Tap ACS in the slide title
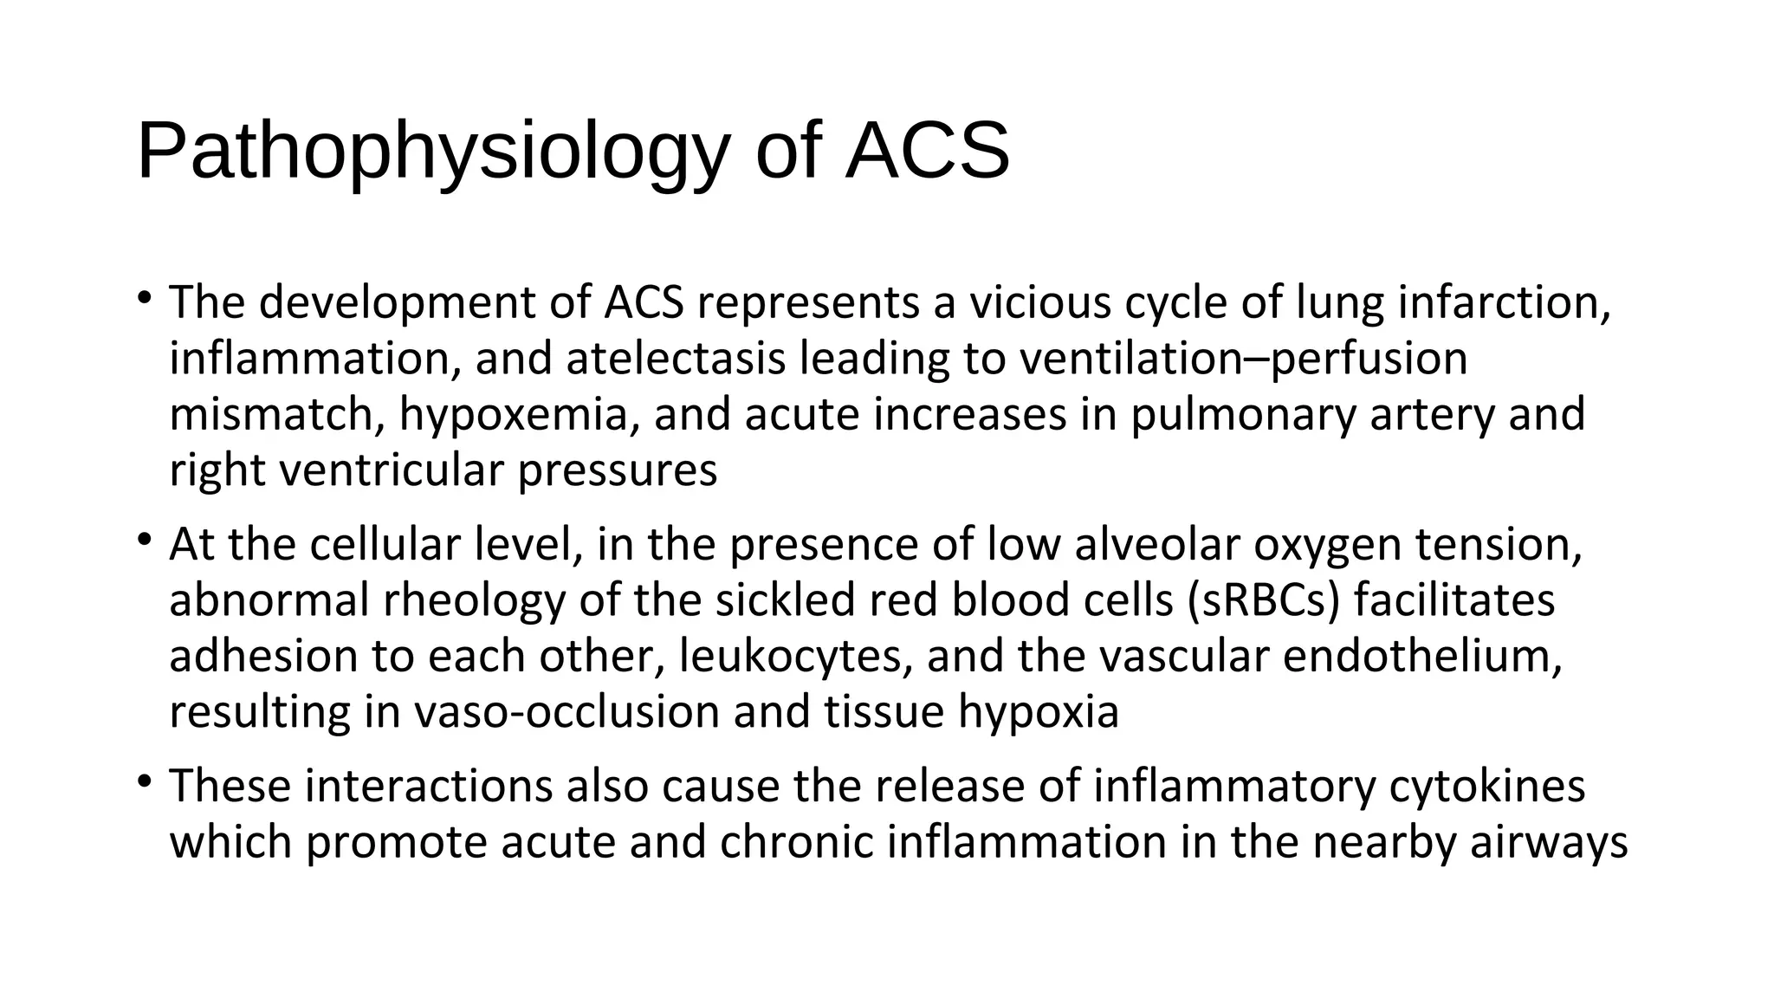pos(927,152)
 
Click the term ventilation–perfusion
pos(1243,359)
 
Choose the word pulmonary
pos(1242,414)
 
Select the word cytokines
pos(1486,786)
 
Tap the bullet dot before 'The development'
pos(144,299)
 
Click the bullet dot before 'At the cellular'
pos(144,541)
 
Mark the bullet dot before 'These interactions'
pos(144,782)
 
